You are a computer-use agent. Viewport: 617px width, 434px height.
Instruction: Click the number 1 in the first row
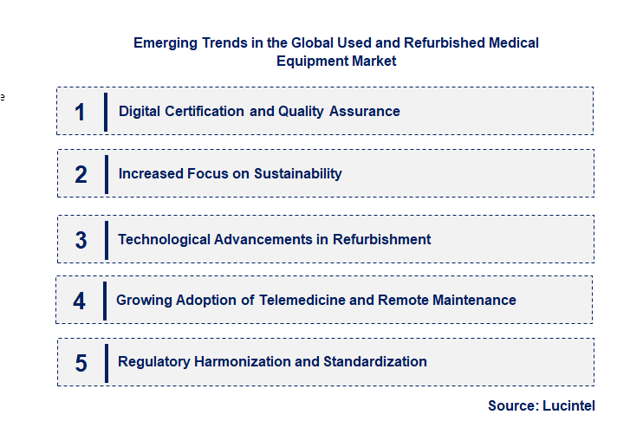click(x=80, y=112)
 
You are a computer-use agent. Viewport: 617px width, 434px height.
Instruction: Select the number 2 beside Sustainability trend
click(x=81, y=174)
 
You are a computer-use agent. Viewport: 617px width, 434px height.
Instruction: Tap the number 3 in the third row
click(x=81, y=240)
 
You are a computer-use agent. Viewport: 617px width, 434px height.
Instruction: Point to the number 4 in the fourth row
click(x=80, y=301)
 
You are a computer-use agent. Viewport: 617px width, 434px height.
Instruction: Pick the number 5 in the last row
click(x=81, y=362)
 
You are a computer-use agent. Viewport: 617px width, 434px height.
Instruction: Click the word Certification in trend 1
click(x=205, y=111)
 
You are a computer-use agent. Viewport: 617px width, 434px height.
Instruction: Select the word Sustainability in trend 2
click(x=297, y=173)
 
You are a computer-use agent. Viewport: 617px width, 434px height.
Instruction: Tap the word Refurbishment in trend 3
click(x=383, y=239)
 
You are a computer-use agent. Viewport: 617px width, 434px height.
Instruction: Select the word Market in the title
click(x=373, y=61)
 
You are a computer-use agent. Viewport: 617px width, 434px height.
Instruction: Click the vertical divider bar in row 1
click(x=106, y=112)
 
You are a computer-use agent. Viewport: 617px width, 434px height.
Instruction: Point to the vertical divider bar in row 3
click(x=106, y=240)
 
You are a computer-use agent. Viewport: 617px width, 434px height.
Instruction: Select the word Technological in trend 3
click(x=162, y=239)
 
